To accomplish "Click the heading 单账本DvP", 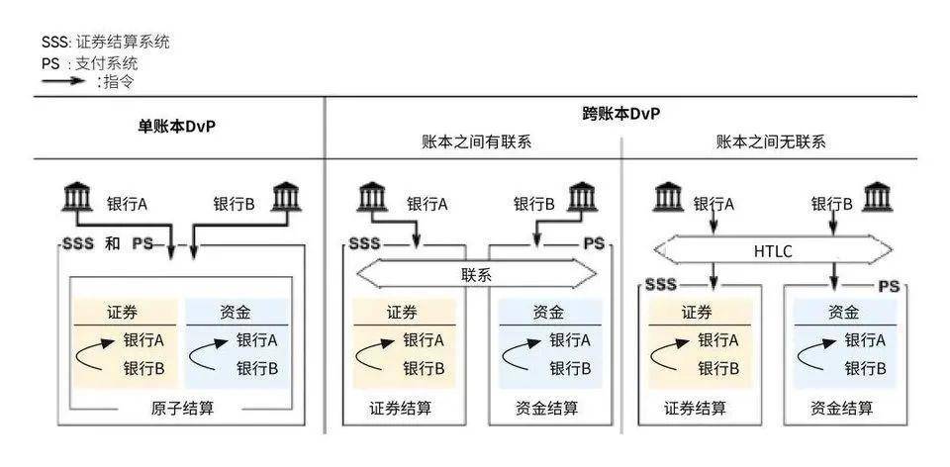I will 176,127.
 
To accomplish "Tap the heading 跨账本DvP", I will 620,115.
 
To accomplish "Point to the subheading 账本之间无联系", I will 771,141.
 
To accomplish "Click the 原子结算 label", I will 180,410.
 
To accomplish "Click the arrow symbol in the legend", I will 63,81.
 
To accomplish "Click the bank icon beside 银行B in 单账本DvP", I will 285,197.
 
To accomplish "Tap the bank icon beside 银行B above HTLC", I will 878,197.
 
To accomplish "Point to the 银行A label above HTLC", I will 713,205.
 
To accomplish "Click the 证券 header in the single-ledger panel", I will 124,312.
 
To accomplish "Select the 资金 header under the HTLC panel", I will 839,312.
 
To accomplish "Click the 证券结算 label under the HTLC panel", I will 696,407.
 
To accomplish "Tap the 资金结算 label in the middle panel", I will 547,407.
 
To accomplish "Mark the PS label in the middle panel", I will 593,243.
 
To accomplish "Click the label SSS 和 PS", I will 107,243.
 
